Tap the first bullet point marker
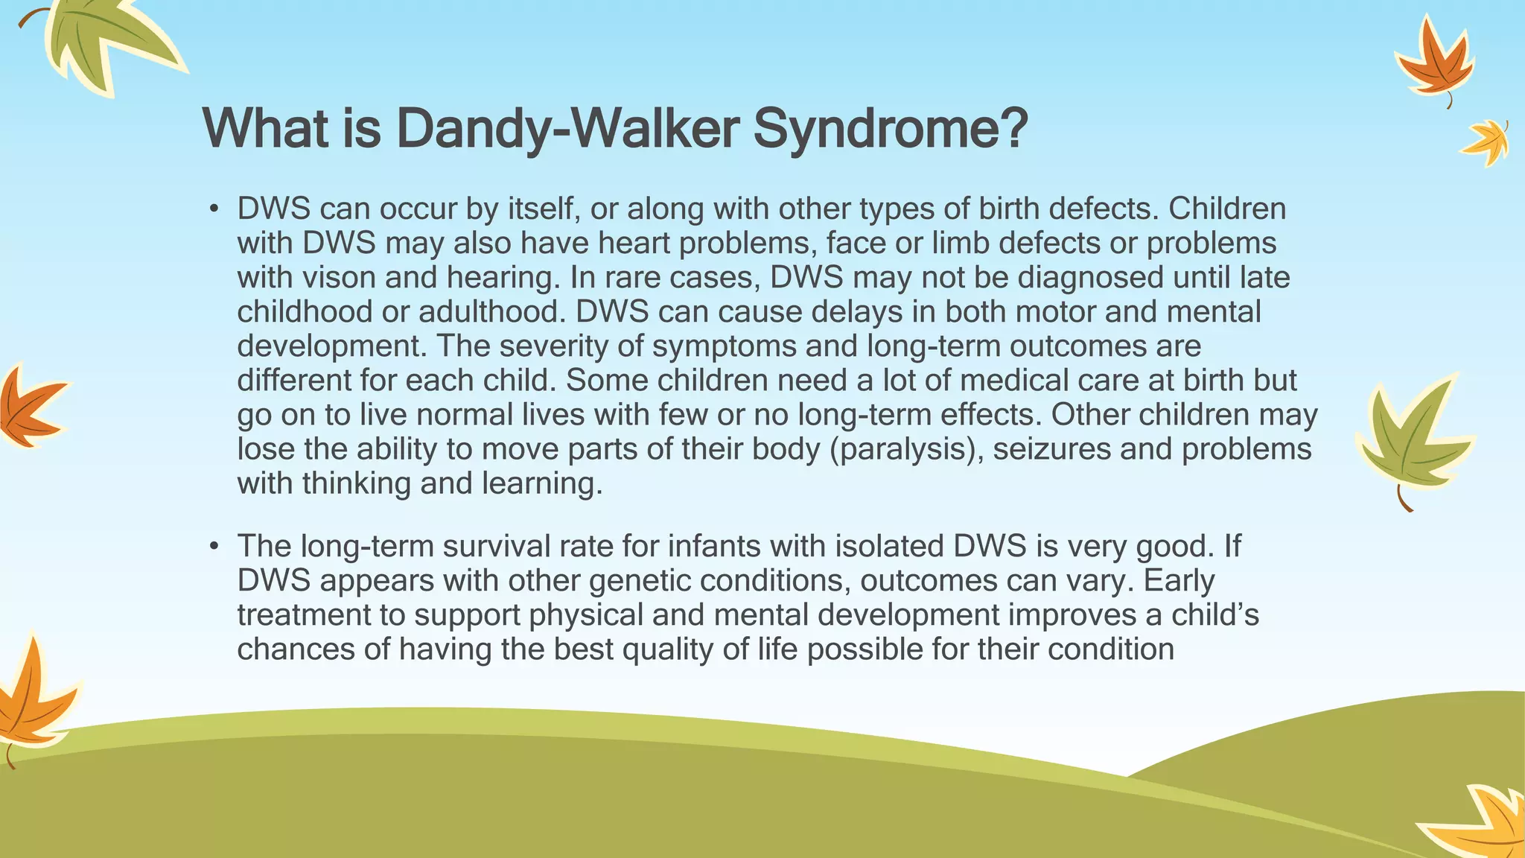click(x=214, y=209)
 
